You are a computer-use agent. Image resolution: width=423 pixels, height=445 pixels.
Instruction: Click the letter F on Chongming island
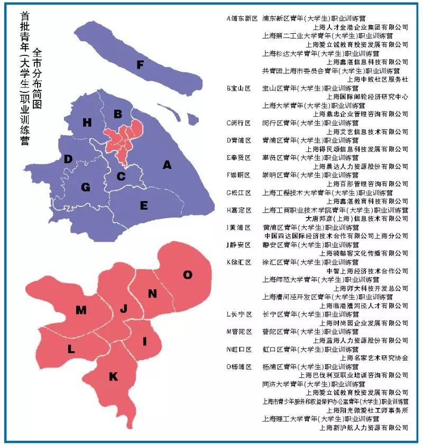point(140,65)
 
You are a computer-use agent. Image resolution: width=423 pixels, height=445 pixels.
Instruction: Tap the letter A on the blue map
point(167,165)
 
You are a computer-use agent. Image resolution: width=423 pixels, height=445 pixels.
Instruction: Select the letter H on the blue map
point(87,122)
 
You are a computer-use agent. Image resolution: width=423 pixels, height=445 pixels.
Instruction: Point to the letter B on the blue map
point(118,113)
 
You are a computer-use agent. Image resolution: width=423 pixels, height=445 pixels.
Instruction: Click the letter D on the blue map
point(68,159)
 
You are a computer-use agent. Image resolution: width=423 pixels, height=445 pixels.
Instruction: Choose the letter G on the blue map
point(86,187)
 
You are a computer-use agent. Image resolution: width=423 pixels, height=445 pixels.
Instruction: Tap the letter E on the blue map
point(144,206)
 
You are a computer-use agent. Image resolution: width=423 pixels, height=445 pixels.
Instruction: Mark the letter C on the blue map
point(121,176)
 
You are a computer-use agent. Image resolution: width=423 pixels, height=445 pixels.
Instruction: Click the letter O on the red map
point(188,274)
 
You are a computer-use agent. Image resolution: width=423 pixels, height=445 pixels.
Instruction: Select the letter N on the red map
point(152,293)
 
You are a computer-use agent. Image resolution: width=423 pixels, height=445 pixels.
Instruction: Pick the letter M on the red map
point(81,310)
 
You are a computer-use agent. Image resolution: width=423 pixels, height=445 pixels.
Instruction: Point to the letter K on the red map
point(113,376)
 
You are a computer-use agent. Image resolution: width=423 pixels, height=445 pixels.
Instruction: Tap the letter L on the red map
point(71,349)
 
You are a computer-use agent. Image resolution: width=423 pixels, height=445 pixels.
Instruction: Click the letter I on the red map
point(144,342)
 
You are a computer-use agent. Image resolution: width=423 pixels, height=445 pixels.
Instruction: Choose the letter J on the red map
point(123,309)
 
